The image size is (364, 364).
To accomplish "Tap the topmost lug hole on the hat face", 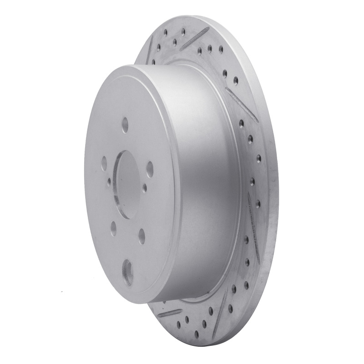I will pyautogui.click(x=125, y=123).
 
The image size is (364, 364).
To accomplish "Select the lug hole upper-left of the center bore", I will pyautogui.click(x=104, y=161).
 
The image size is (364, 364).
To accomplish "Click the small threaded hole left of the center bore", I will pyautogui.click(x=109, y=182).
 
